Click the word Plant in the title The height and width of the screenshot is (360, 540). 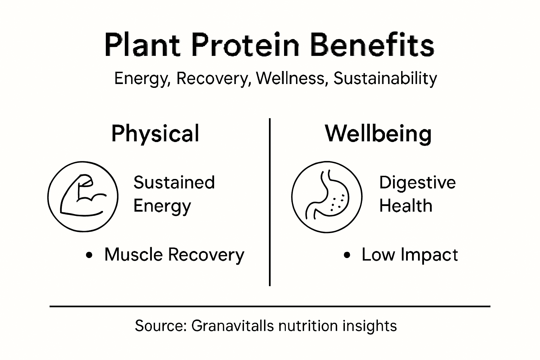142,45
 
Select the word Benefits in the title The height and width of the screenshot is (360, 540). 373,45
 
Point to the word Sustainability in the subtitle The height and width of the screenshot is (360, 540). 385,78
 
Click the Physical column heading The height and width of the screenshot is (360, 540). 155,134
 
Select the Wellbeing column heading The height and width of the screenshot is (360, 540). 378,134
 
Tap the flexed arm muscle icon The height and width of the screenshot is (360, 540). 83,196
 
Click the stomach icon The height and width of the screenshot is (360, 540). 327,197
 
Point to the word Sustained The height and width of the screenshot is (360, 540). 174,183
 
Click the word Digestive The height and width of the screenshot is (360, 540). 417,183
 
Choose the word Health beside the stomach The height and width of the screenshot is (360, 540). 406,206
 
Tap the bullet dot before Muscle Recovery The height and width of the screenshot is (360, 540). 90,255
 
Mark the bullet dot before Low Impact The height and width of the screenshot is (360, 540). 347,255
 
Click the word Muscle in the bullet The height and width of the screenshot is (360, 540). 133,255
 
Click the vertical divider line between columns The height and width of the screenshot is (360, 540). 270,202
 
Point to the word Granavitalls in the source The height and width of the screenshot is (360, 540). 232,326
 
